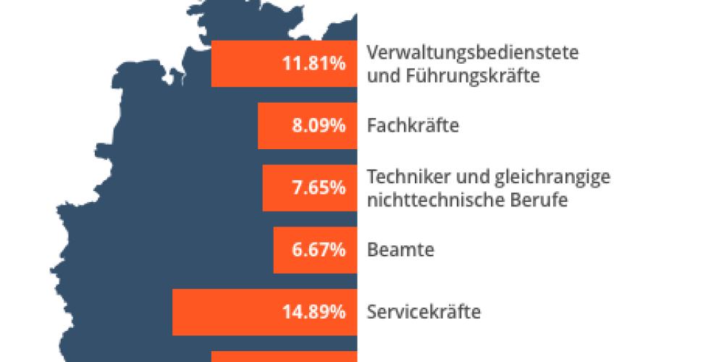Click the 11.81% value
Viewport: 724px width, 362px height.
pyautogui.click(x=313, y=64)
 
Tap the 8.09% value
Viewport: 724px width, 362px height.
pyautogui.click(x=319, y=126)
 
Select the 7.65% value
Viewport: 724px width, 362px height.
pyautogui.click(x=319, y=188)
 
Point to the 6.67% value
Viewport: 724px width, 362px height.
pyautogui.click(x=319, y=251)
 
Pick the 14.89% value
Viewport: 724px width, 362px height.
pyautogui.click(x=313, y=313)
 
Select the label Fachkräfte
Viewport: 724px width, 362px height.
pyautogui.click(x=413, y=126)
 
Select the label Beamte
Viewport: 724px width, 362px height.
pyautogui.click(x=400, y=251)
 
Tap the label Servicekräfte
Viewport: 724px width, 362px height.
pyautogui.click(x=424, y=313)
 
